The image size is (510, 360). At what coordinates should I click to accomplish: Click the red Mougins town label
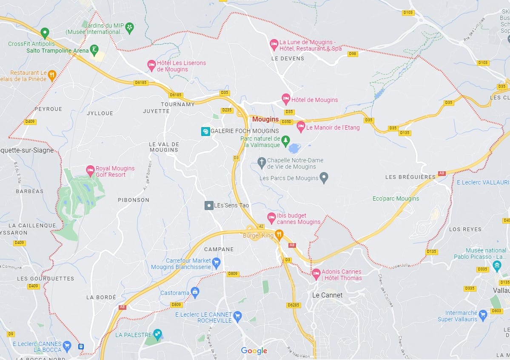265,119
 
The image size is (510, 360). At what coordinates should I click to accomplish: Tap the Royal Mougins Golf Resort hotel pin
90,171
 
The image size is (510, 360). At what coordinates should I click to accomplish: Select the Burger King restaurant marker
279,234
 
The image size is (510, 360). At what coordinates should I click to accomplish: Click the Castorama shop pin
195,292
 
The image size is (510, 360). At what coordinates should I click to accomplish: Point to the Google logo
254,351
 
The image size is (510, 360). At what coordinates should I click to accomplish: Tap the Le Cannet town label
327,295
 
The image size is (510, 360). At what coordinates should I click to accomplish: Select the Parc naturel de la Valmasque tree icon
286,140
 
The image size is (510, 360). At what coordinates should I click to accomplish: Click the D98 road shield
352,54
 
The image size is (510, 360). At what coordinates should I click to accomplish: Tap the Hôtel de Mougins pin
286,99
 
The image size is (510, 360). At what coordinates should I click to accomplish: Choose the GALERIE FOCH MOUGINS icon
205,131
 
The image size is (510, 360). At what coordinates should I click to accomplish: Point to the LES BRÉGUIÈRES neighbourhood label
410,177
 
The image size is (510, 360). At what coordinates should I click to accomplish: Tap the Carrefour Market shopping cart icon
216,263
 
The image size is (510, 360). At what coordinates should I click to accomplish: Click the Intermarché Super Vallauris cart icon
482,315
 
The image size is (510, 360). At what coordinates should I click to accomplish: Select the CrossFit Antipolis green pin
45,33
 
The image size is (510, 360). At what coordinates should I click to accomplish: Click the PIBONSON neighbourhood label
134,200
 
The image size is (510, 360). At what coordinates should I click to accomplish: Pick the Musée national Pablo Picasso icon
497,266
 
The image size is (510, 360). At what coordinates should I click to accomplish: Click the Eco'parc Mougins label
396,198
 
